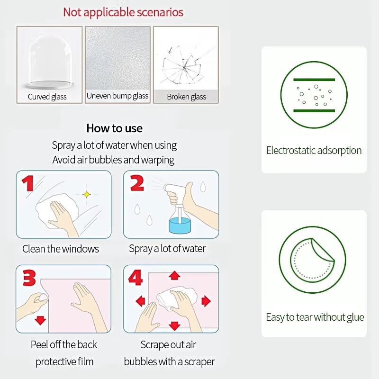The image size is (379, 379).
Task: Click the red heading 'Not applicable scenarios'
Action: pos(123,12)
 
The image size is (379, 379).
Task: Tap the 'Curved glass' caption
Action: pos(47,97)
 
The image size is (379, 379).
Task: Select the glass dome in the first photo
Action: pos(50,62)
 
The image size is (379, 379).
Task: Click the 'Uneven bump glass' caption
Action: pos(117,96)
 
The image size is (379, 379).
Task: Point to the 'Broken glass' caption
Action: pos(187,97)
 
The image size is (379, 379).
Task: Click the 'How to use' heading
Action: pos(114,128)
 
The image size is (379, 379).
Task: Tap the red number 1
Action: pos(28,183)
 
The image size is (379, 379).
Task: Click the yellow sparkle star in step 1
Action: pos(87,194)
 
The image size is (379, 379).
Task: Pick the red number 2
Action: pos(137,183)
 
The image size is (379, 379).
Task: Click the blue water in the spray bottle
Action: pos(180,226)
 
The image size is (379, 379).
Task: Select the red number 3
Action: pos(29,278)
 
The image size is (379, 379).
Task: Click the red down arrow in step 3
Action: pos(40,320)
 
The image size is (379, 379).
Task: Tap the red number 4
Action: pos(135,278)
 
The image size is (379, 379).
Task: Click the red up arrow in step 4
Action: pos(174,275)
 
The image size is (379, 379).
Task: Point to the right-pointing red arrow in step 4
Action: pos(206,301)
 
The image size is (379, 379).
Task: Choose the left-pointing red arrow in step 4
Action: pos(140,301)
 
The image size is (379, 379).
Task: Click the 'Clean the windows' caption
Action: pos(61,249)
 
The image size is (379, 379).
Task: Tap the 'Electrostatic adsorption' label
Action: pos(314,150)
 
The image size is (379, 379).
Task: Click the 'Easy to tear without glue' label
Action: pos(315,317)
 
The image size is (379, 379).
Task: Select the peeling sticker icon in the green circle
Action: pos(312,260)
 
